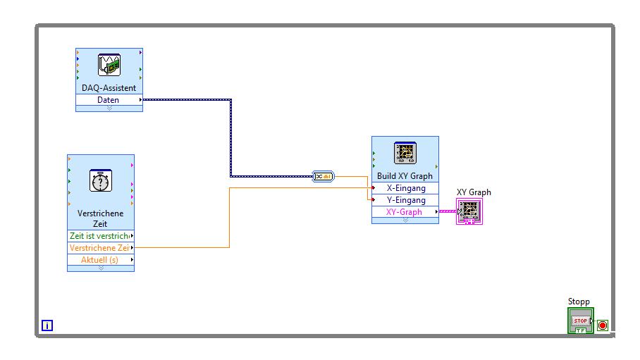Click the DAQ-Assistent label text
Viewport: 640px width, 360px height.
(109, 88)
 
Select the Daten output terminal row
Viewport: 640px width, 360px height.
(109, 100)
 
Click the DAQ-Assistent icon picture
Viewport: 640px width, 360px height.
(109, 65)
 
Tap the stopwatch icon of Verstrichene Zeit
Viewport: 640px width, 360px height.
(101, 181)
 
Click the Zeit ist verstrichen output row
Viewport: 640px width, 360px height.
(100, 236)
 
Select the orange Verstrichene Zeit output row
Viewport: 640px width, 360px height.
(100, 248)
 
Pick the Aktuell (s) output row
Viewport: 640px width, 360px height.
(100, 260)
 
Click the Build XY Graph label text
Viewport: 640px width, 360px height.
(405, 176)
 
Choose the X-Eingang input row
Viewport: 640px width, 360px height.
(405, 188)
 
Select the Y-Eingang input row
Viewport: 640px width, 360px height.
(405, 200)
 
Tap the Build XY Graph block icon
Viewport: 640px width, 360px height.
(405, 154)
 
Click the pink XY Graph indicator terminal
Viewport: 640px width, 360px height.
(469, 211)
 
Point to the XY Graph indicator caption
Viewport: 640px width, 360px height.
(474, 192)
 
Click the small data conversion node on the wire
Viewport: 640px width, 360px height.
(324, 176)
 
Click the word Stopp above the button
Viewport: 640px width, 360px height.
(579, 302)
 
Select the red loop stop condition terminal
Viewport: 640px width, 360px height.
(603, 325)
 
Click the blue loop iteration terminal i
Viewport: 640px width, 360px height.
(47, 325)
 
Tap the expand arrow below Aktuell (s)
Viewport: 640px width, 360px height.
(101, 268)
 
